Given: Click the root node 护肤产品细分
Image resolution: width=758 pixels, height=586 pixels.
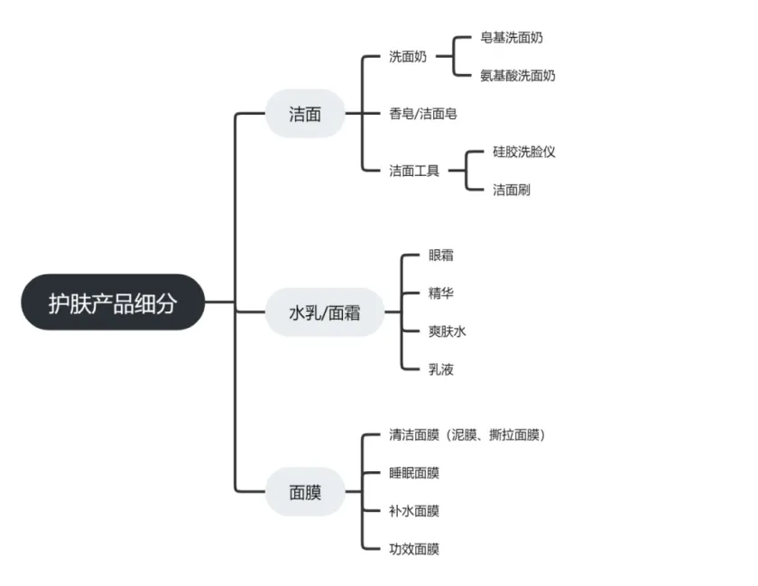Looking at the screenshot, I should pyautogui.click(x=113, y=302).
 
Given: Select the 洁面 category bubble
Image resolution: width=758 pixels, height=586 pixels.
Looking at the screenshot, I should pyautogui.click(x=305, y=114).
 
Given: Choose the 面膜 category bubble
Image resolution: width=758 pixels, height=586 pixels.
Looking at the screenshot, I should pyautogui.click(x=305, y=492).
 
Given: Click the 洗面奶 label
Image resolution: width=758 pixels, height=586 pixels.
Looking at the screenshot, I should pyautogui.click(x=409, y=57).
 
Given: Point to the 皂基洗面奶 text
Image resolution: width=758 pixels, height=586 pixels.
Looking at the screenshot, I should pyautogui.click(x=512, y=38).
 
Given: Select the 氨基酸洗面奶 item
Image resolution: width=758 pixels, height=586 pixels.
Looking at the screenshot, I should pyautogui.click(x=518, y=76).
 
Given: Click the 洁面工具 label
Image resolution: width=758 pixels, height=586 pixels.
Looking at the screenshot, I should pyautogui.click(x=414, y=170).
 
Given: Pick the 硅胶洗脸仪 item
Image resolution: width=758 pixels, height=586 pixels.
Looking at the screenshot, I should pyautogui.click(x=524, y=152).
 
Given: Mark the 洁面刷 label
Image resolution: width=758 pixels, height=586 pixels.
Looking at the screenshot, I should pyautogui.click(x=512, y=190).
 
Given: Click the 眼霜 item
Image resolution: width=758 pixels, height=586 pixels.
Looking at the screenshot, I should pyautogui.click(x=441, y=256).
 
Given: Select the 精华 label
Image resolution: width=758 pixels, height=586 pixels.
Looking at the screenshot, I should pyautogui.click(x=441, y=293).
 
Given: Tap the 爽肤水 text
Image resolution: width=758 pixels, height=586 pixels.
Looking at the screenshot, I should pyautogui.click(x=448, y=331).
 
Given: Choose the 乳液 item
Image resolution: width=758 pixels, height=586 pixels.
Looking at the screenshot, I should pyautogui.click(x=441, y=369).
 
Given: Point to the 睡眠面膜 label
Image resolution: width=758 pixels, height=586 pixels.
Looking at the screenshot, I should pyautogui.click(x=414, y=473).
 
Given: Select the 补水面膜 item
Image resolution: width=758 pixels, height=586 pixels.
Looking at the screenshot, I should pyautogui.click(x=414, y=511).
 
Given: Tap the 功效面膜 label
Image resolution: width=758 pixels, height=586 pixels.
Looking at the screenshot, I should pyautogui.click(x=414, y=549).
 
